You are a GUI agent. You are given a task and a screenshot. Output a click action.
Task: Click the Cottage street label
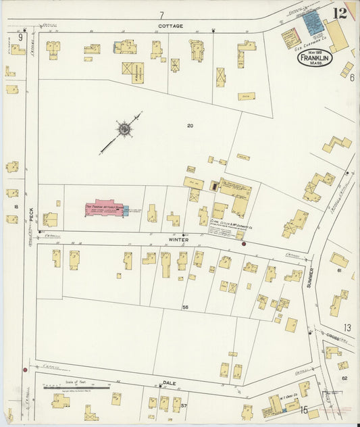pos(170,26)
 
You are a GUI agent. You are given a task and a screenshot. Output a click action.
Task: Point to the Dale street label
pos(170,383)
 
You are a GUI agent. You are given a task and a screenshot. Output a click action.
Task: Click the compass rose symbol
pos(124,128)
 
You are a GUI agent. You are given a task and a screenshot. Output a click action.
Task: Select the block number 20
pos(190,125)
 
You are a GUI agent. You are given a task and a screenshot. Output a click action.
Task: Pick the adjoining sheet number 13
pos(346,328)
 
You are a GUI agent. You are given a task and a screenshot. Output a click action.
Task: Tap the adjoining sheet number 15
pos(304,409)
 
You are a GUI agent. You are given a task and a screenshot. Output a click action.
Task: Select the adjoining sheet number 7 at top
pos(161,15)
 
